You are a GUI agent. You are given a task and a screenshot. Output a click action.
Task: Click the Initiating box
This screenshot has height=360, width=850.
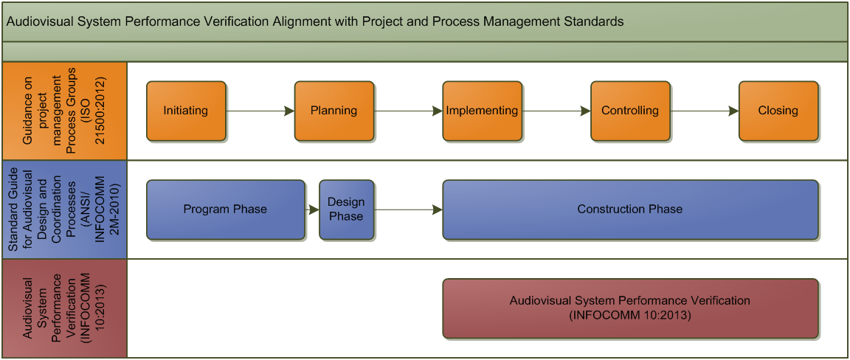[x=186, y=111]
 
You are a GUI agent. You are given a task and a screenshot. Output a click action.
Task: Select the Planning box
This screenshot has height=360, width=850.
[x=334, y=111]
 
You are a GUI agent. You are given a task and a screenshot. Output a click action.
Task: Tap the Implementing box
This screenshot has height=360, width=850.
[x=482, y=111]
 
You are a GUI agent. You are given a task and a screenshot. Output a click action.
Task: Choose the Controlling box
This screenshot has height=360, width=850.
[x=630, y=111]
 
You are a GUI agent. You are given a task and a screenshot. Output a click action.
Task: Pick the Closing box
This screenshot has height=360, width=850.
[x=778, y=111]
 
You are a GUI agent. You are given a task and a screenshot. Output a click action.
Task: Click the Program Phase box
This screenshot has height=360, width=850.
[x=226, y=210]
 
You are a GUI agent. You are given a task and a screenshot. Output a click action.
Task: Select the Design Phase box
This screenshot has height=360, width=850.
[x=346, y=210]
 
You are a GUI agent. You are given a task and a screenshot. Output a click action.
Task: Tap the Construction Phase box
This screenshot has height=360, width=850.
[x=630, y=210]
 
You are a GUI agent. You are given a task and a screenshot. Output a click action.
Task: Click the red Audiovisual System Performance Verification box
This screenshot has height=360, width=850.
[x=630, y=308]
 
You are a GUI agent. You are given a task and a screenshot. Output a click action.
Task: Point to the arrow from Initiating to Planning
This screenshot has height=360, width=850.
[x=260, y=111]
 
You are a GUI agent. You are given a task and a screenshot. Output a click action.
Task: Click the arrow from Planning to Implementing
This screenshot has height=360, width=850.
[x=407, y=111]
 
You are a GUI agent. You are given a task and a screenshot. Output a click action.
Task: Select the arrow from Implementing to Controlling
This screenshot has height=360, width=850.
[x=556, y=111]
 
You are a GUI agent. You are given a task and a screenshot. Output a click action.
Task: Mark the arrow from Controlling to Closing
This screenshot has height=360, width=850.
[x=704, y=111]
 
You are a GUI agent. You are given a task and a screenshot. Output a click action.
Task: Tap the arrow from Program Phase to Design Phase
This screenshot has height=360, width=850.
[x=311, y=210]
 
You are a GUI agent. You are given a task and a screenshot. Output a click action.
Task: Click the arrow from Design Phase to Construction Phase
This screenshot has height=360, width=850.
[x=408, y=210]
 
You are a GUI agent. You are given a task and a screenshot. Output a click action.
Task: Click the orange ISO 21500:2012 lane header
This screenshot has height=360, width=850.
[x=64, y=111]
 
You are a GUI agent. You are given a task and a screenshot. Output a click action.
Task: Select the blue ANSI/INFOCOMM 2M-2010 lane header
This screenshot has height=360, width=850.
[x=64, y=210]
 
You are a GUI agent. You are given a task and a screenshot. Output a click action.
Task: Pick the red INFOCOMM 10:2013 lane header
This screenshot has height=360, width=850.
[x=64, y=308]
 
